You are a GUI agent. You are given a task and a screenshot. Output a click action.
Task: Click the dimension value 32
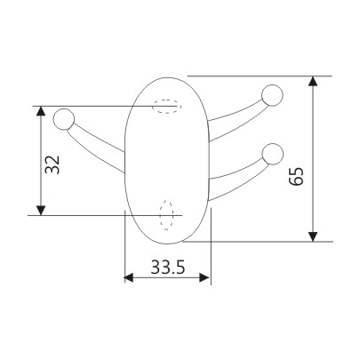click(x=52, y=164)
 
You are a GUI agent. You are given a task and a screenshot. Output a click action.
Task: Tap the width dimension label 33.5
click(x=167, y=266)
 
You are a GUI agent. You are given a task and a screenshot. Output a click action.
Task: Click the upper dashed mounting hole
click(x=166, y=107)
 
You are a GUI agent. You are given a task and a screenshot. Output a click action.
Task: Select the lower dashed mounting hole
click(x=166, y=214)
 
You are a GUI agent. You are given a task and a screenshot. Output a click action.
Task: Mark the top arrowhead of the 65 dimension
click(x=313, y=83)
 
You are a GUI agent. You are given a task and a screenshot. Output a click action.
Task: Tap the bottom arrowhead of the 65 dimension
click(x=313, y=235)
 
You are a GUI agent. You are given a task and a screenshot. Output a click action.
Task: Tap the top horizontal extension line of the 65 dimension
click(x=258, y=76)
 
